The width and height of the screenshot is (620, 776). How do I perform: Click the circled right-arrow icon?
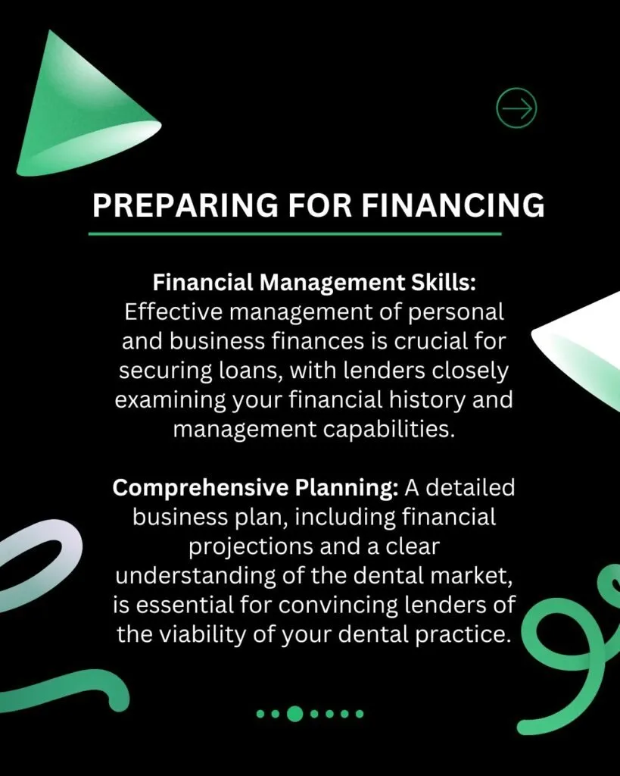coord(516,108)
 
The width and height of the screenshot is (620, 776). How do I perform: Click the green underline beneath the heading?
coord(295,233)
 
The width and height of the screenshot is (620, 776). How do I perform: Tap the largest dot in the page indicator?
coord(295,713)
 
